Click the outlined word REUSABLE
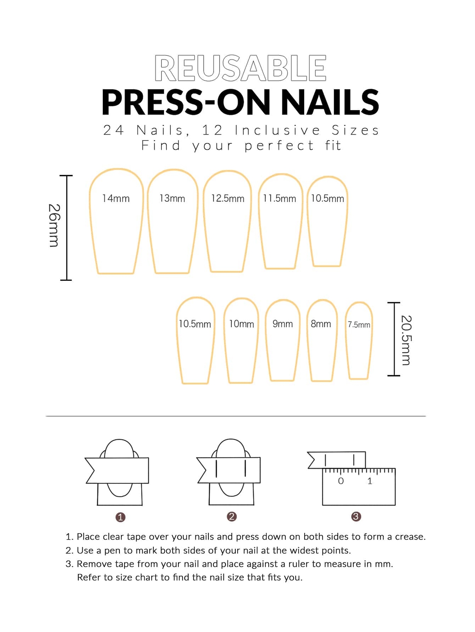pos(240,68)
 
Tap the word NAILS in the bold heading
pos(329,102)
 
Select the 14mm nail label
pos(116,198)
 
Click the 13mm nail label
pos(172,198)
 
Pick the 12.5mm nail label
pos(228,198)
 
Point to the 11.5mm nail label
pos(280,198)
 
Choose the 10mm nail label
pos(242,324)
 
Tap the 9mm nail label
pos(283,324)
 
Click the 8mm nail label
pos(321,324)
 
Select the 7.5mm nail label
pos(359,325)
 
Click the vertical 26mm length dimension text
pos(54,226)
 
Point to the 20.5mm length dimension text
pos(407,340)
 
